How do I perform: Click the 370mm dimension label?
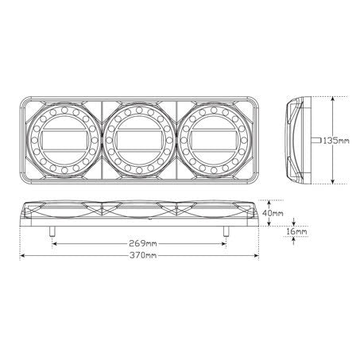tap(143, 256)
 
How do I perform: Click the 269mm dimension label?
tap(143, 243)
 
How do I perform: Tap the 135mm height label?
tap(336, 141)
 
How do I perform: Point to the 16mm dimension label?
tap(296, 232)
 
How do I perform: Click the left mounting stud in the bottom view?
tap(52, 231)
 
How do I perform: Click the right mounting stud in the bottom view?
tap(226, 231)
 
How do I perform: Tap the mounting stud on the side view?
tap(316, 141)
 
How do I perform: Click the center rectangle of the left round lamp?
tap(64, 141)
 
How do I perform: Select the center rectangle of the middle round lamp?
tap(139, 141)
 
